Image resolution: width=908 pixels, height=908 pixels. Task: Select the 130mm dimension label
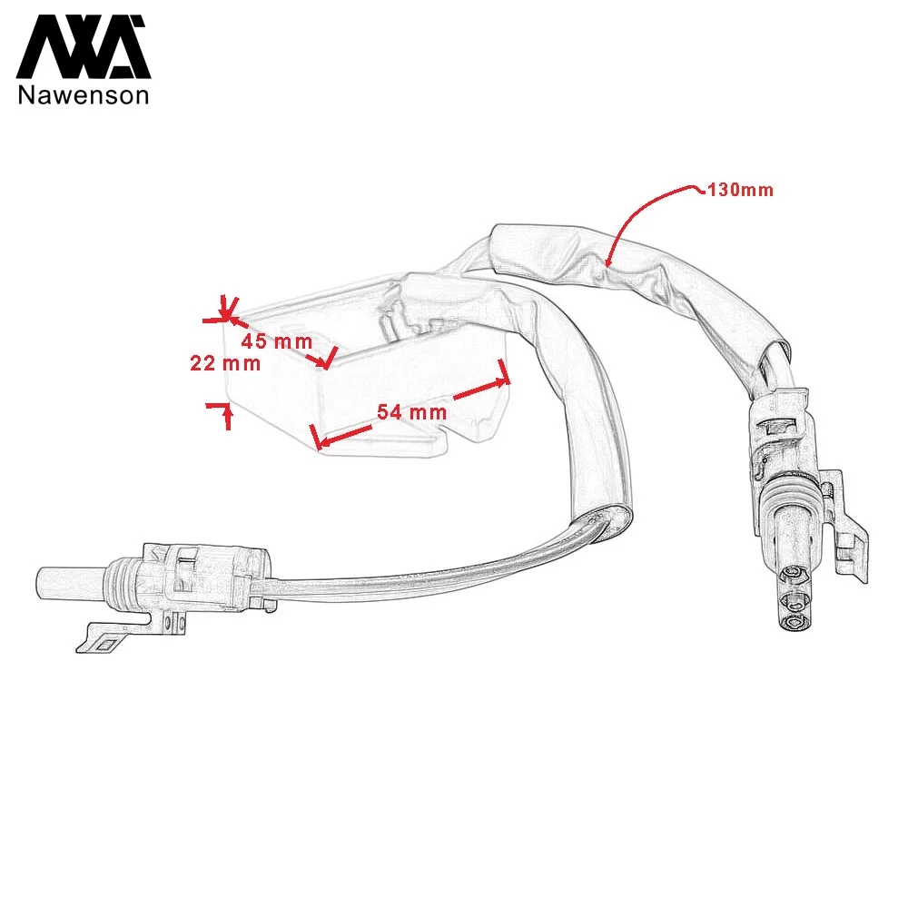(x=741, y=191)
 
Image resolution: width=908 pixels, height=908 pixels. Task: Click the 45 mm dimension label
(x=276, y=342)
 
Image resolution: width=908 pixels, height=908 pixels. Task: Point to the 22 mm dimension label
(x=225, y=364)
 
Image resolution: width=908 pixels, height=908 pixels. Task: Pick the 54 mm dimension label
(x=412, y=411)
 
